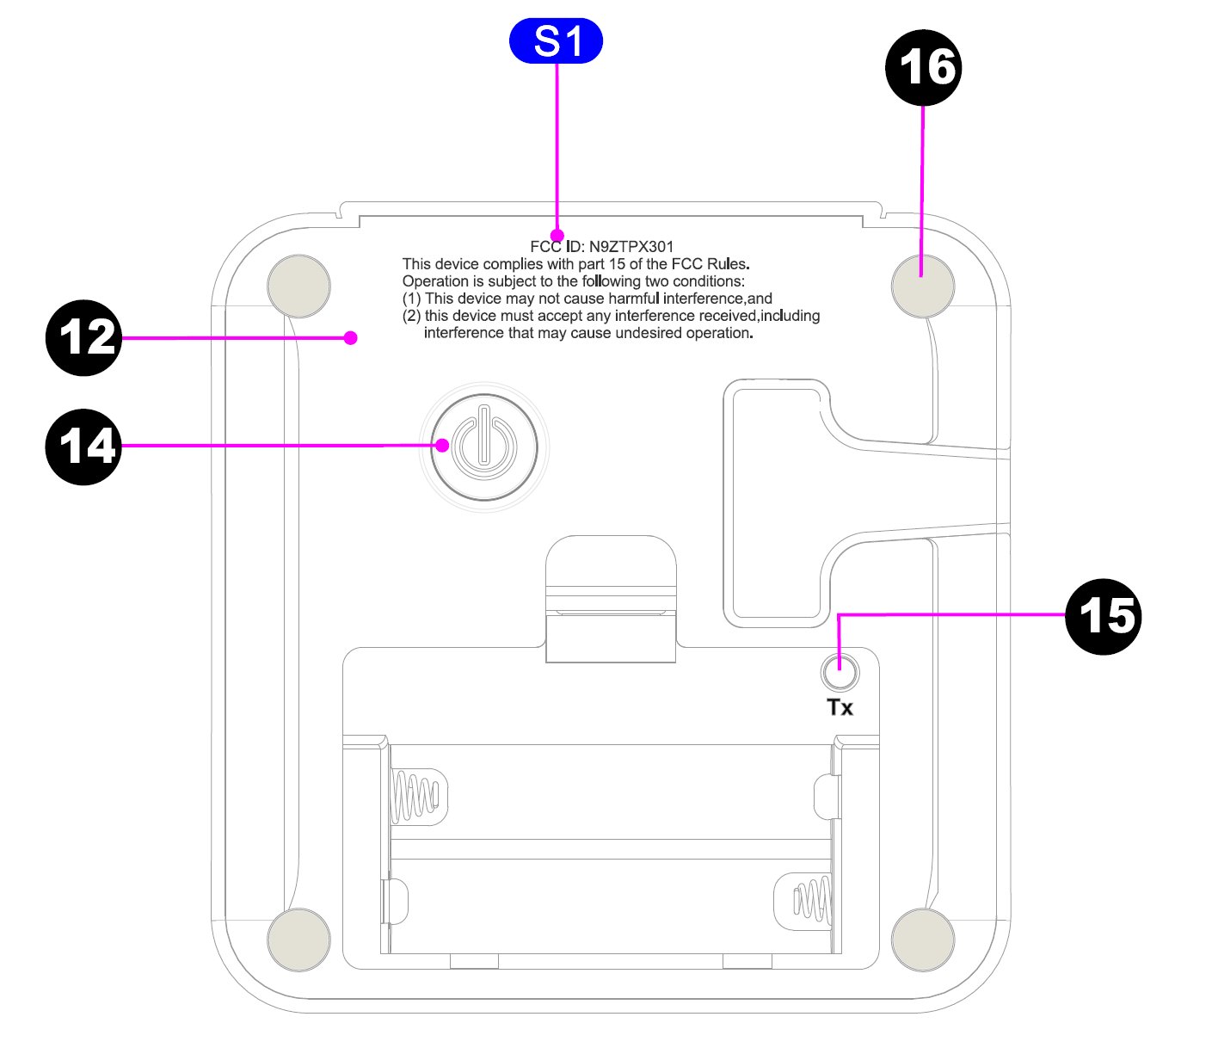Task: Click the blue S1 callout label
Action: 556,41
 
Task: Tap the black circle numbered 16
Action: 923,68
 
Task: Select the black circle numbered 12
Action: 83,337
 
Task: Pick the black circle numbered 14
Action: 83,447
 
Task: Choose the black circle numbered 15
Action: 1103,617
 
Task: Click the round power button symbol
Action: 484,447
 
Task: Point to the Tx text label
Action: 840,707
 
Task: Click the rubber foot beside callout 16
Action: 923,286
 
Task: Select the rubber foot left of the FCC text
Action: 298,286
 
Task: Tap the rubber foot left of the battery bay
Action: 298,940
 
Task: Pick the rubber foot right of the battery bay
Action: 923,940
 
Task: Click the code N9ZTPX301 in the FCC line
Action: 631,247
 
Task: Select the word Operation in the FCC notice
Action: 435,281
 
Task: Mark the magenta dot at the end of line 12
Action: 350,338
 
